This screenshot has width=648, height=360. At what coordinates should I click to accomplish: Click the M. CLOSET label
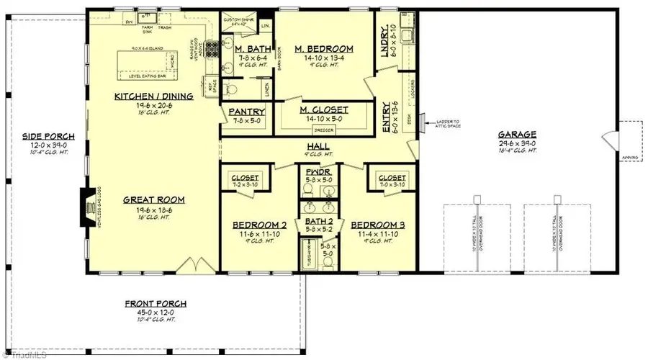(324, 110)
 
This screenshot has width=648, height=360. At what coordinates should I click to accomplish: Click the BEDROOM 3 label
(378, 225)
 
